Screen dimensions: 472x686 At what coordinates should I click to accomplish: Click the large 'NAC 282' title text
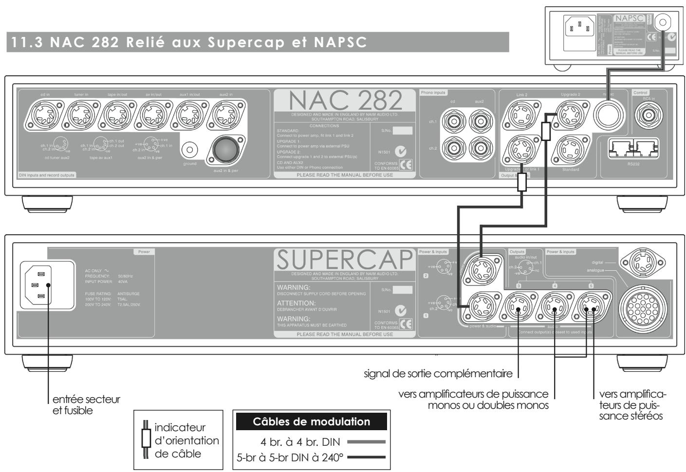pyautogui.click(x=346, y=101)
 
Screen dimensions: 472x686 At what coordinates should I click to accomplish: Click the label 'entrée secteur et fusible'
pyautogui.click(x=86, y=404)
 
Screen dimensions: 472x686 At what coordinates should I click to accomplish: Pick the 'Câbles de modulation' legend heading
pyautogui.click(x=312, y=421)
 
